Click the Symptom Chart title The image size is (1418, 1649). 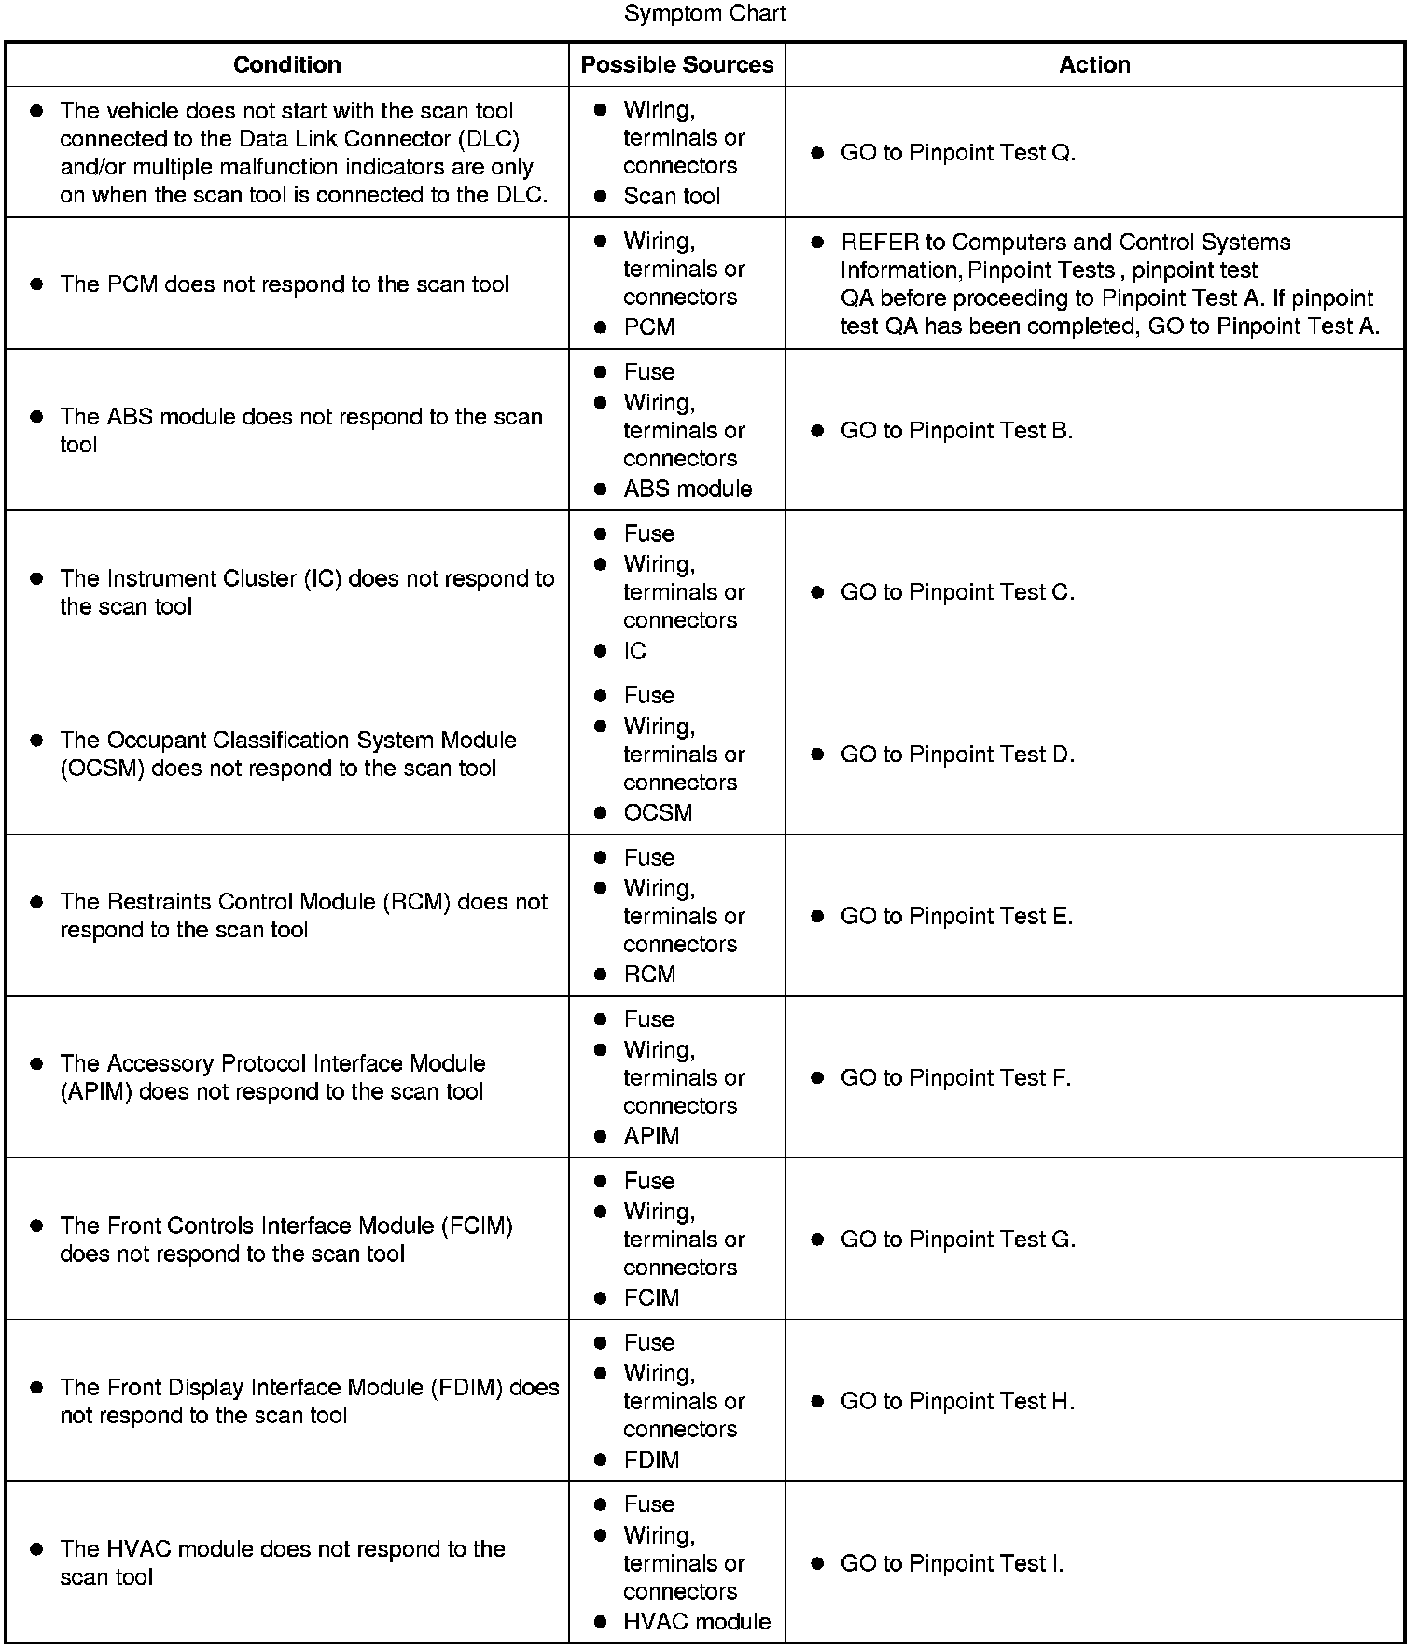point(705,14)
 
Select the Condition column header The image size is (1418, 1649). point(286,64)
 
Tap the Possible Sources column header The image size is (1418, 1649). point(677,64)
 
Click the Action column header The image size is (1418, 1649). point(1094,64)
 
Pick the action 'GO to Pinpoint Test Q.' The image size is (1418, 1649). point(957,153)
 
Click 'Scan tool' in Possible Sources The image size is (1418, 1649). point(672,196)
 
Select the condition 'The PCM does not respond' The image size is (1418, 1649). point(285,284)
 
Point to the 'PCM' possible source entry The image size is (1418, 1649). point(648,327)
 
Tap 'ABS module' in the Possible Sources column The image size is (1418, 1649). point(688,489)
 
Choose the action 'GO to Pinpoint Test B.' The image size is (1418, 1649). point(956,431)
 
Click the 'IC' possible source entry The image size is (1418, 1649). point(634,651)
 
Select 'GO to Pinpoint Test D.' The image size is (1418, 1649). point(957,755)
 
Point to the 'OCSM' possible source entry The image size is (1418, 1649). point(658,812)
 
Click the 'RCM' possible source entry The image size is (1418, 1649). point(649,975)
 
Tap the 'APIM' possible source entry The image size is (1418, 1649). point(651,1136)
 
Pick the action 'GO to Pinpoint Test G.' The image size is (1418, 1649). point(957,1240)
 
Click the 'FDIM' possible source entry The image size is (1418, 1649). point(651,1460)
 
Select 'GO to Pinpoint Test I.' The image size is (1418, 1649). point(952,1563)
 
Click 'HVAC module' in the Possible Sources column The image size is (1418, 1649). point(697,1622)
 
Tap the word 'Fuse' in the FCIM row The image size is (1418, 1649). point(648,1181)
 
